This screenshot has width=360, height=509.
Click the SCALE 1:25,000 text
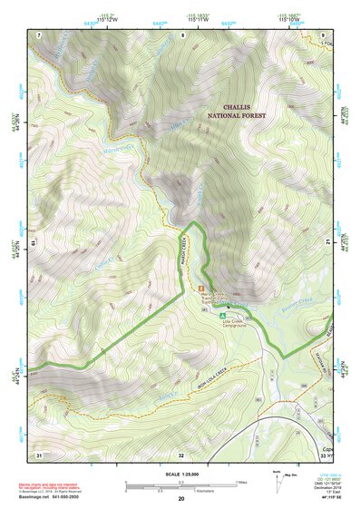coord(180,473)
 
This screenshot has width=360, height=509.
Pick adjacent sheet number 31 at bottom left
coord(39,454)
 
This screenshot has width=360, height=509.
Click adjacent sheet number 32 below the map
coord(181,455)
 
